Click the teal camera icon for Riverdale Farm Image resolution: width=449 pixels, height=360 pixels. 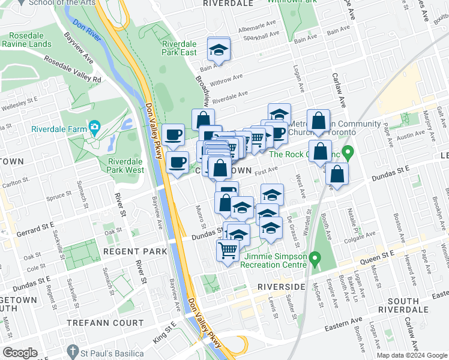coord(94,127)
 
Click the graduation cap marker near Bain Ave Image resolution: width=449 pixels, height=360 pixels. coord(218,50)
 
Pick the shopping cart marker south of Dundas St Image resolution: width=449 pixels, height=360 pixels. coord(228,250)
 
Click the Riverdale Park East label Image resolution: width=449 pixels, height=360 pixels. coord(179,48)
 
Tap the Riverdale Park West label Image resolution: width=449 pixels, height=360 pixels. coord(126,166)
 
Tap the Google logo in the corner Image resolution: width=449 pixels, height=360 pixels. coord(20,353)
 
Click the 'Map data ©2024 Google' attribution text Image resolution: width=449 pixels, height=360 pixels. coord(412,355)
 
